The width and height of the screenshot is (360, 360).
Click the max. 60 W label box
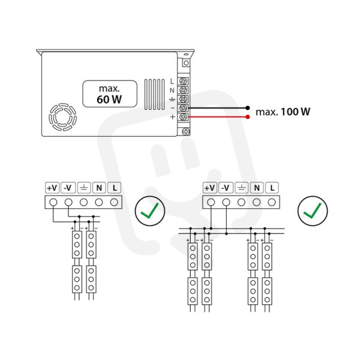tap(110, 94)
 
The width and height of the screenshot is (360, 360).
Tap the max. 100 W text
tap(283, 112)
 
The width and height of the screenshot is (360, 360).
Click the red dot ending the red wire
tap(247, 117)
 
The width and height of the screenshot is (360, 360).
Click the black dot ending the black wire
tap(247, 108)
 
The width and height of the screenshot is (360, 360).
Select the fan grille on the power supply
tap(62, 117)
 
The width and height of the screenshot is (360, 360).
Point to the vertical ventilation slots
tap(154, 94)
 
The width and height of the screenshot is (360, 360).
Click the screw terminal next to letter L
tap(184, 81)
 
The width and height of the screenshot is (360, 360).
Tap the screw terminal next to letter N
tap(184, 90)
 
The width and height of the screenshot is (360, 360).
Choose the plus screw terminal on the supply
tap(184, 117)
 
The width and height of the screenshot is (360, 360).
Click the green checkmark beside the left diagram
tap(149, 211)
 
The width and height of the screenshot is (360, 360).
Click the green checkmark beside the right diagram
tap(313, 211)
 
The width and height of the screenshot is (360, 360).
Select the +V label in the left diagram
tap(52, 188)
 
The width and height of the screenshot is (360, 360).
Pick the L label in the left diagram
tap(115, 188)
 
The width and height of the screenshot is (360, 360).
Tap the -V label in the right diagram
tap(226, 188)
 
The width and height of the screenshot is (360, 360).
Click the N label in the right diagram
tap(257, 188)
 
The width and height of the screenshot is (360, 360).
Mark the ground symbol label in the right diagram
tap(241, 188)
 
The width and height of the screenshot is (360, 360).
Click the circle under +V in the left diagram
tap(53, 202)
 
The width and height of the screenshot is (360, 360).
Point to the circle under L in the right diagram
tap(272, 202)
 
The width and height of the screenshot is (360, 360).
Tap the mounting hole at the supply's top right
tap(186, 63)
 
